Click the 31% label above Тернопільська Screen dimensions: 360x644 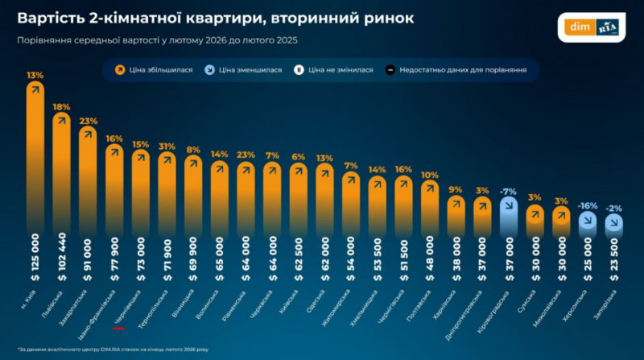tap(167, 147)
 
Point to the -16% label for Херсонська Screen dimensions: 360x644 tap(588, 205)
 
